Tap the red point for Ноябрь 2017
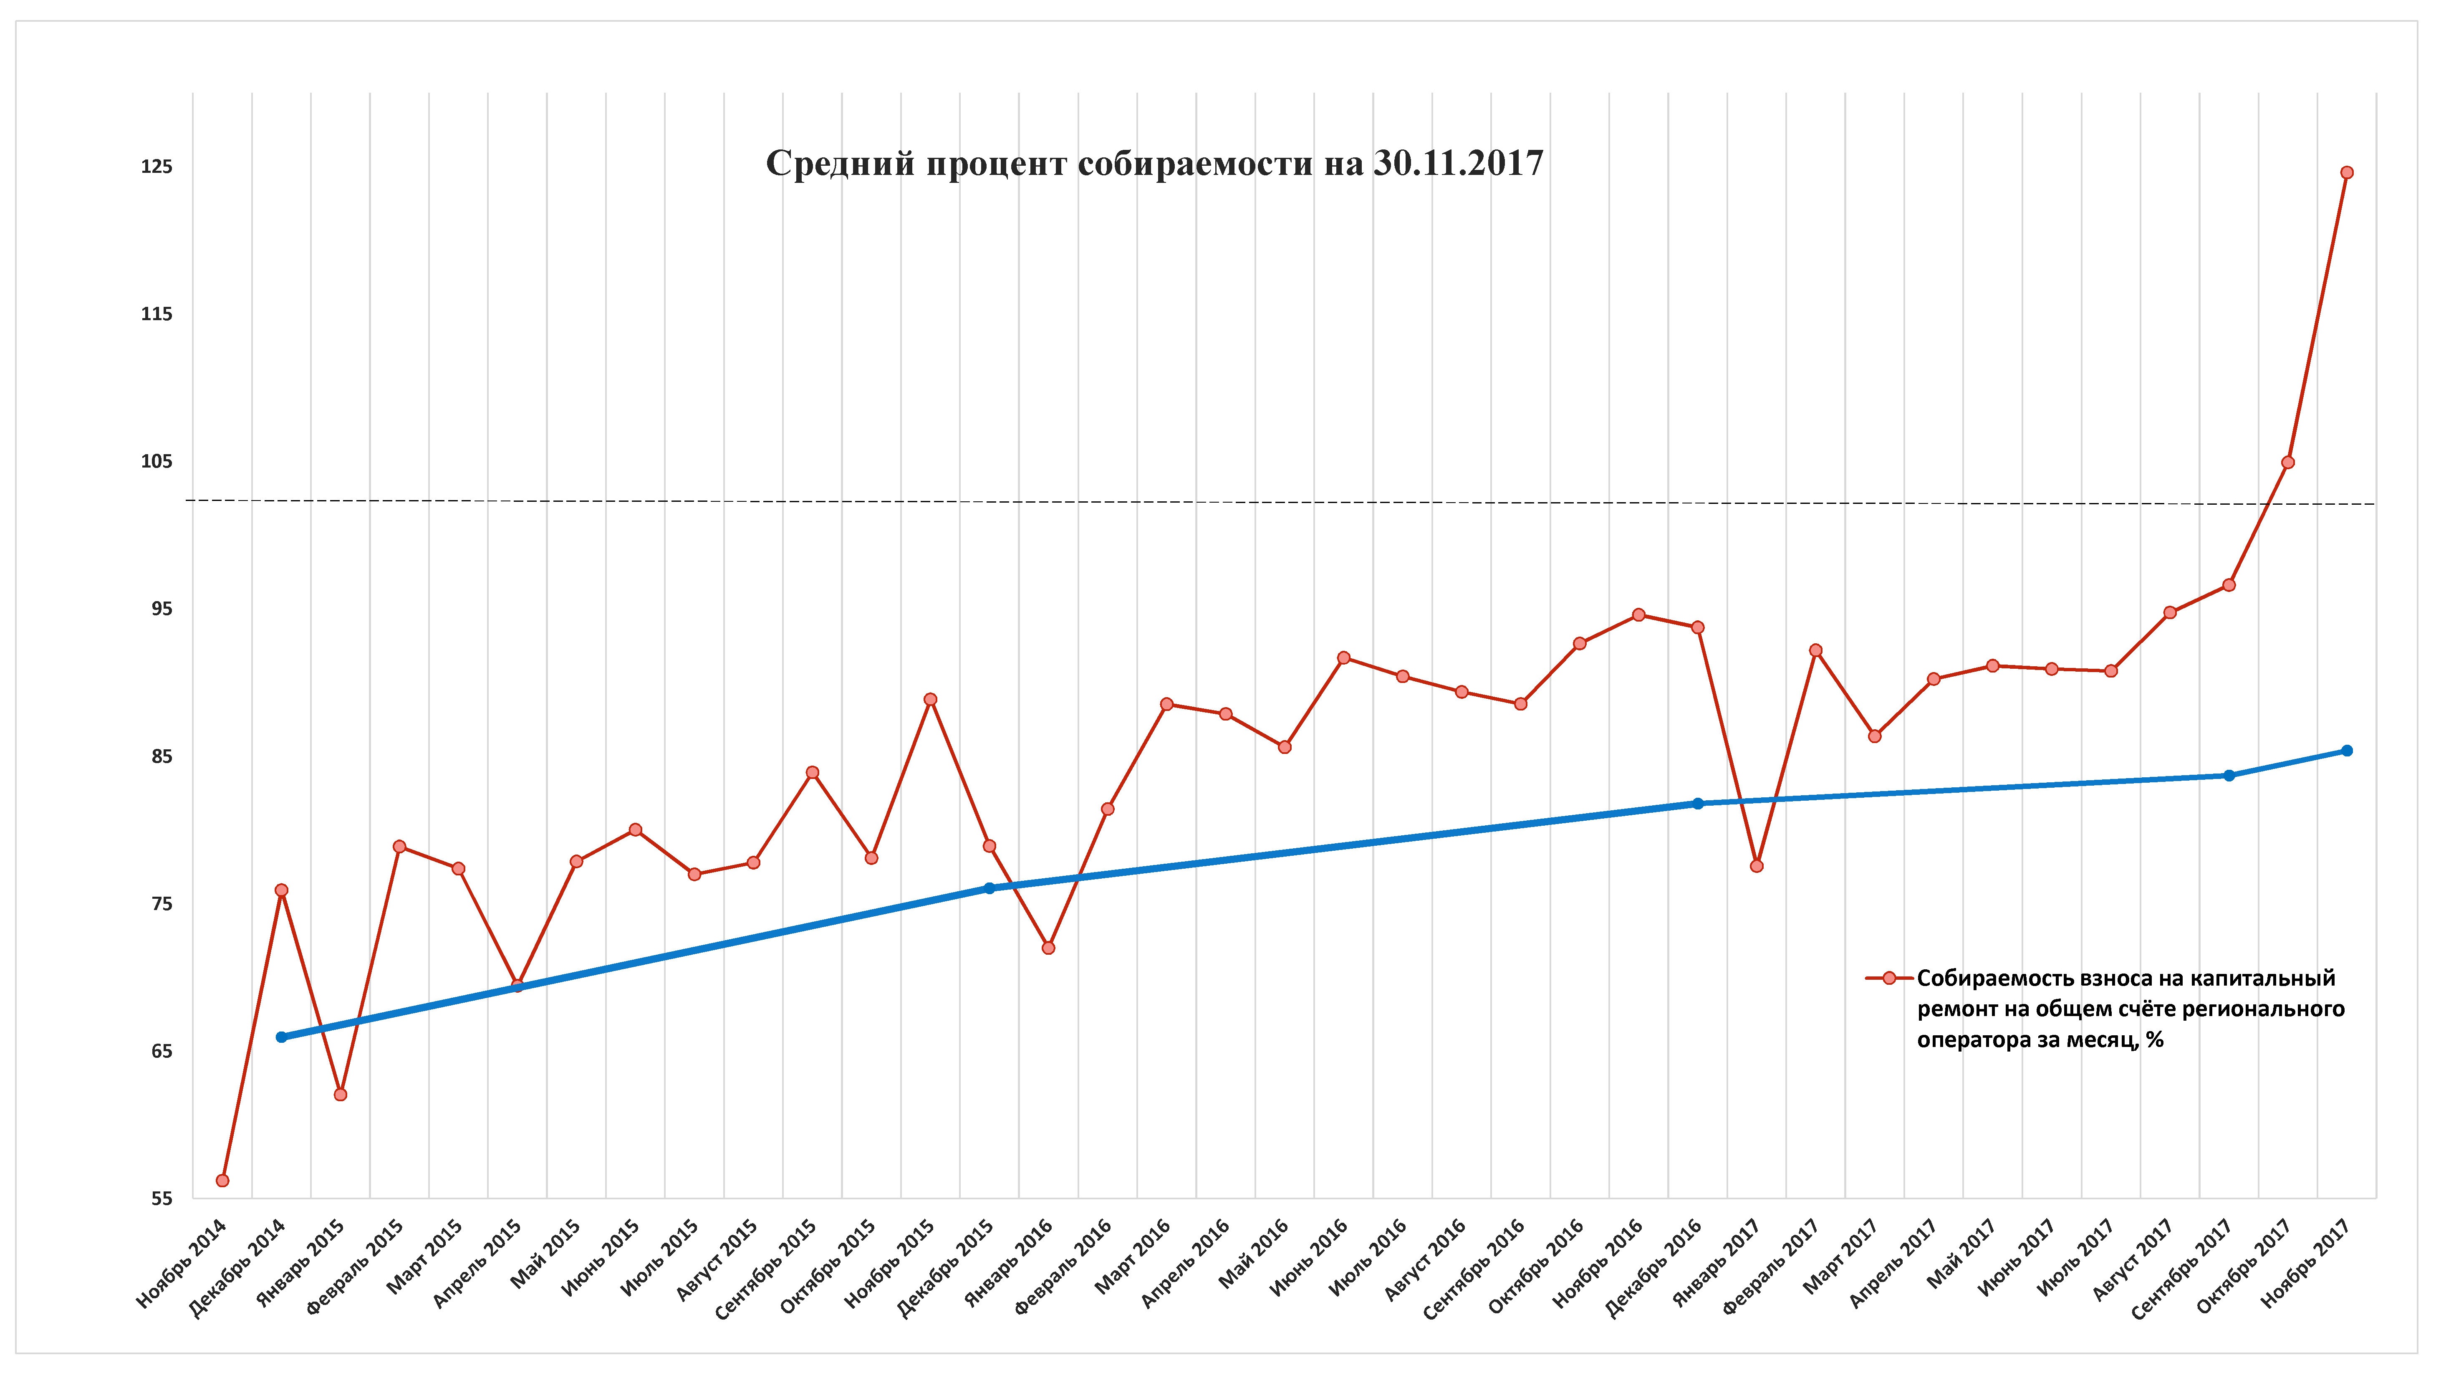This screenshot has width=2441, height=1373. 2346,172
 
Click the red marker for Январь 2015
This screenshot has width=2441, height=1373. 340,1095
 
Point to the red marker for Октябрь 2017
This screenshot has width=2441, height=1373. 2287,463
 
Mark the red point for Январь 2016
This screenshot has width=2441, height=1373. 1048,948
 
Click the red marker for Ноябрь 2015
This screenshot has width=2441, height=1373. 931,699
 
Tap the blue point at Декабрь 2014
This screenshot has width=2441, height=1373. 281,1037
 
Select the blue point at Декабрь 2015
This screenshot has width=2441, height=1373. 989,888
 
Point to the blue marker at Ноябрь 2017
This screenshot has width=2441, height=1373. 2346,751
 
